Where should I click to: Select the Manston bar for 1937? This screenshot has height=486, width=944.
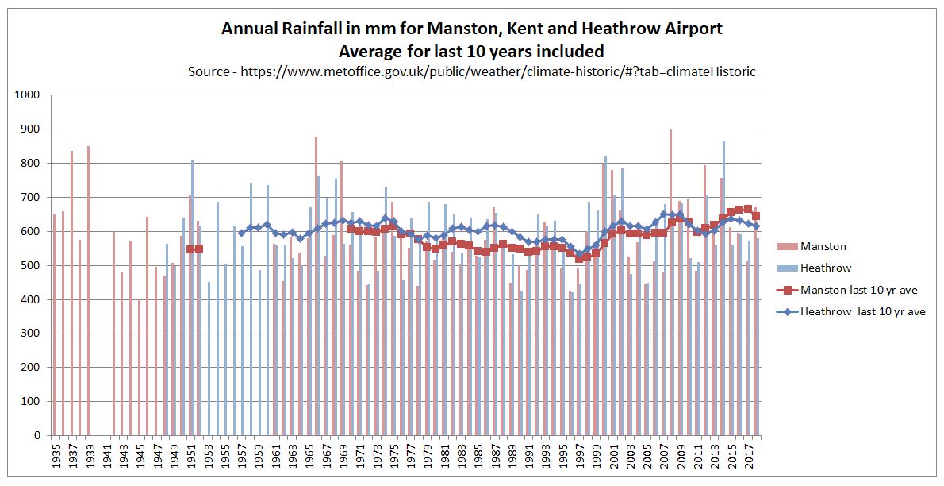tap(71, 293)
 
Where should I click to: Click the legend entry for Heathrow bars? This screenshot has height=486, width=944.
tap(825, 268)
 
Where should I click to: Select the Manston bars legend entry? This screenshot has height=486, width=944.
tap(822, 246)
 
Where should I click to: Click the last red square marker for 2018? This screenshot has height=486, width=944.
tap(756, 215)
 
